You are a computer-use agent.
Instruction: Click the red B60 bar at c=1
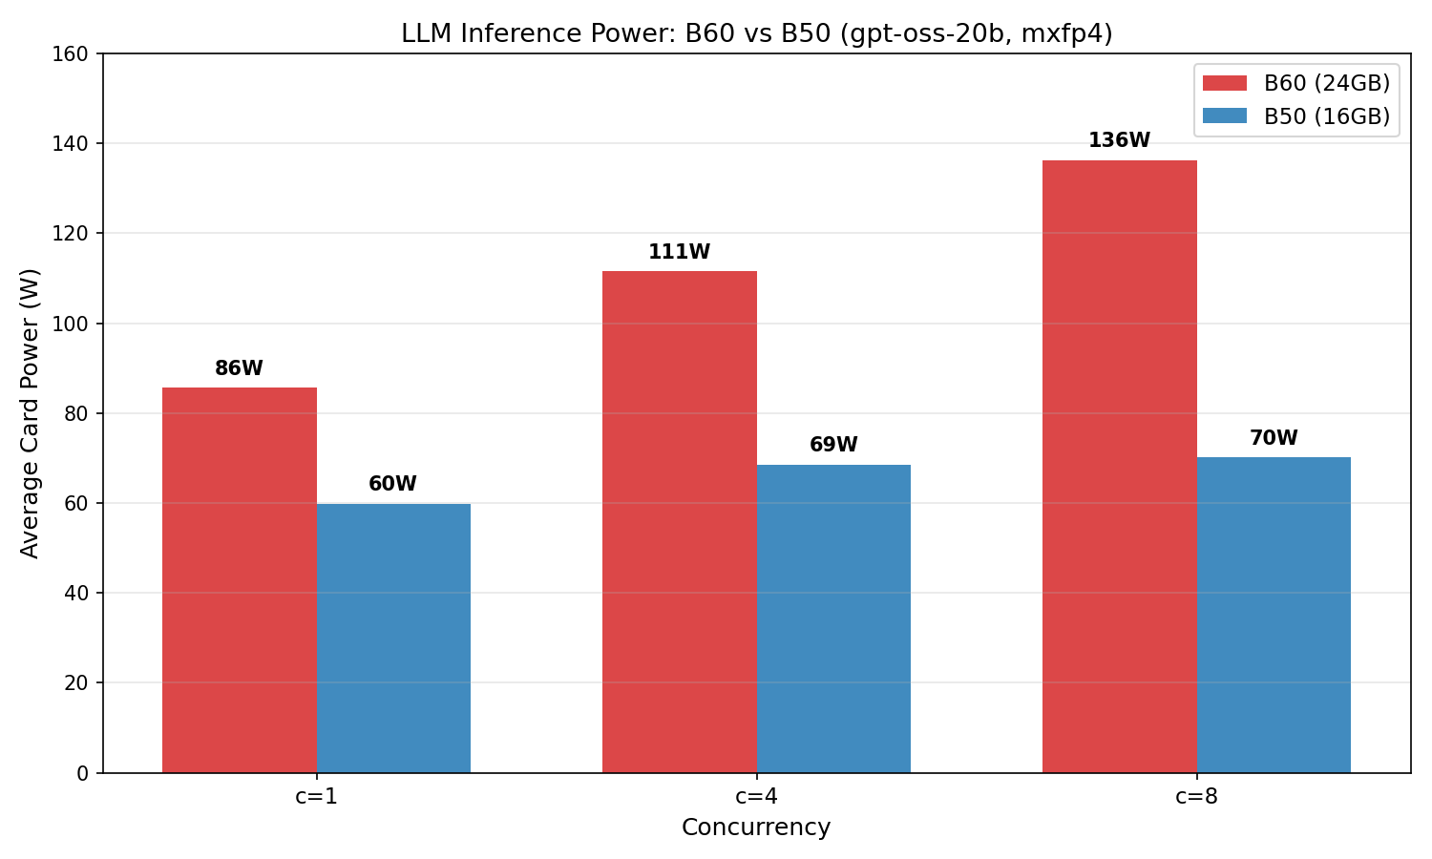(x=239, y=580)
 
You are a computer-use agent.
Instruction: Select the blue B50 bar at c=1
(x=393, y=639)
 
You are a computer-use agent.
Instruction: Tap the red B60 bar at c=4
(x=679, y=522)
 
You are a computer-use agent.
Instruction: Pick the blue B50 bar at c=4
(x=833, y=618)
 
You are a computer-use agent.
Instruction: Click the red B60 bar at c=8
(x=1119, y=467)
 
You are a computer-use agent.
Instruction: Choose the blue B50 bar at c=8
(x=1274, y=615)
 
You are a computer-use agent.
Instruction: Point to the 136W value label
(x=1119, y=141)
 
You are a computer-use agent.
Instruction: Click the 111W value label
(x=679, y=253)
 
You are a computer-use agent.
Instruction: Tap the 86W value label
(x=239, y=369)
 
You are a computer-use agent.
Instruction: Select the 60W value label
(x=392, y=485)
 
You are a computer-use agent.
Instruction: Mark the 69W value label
(x=833, y=446)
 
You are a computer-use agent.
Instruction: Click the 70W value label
(x=1274, y=439)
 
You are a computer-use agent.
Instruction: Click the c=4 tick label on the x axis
(x=756, y=797)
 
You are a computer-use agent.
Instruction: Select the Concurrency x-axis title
(x=756, y=828)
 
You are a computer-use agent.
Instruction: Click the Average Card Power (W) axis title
(x=31, y=413)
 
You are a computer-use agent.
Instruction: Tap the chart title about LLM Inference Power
(x=756, y=34)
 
